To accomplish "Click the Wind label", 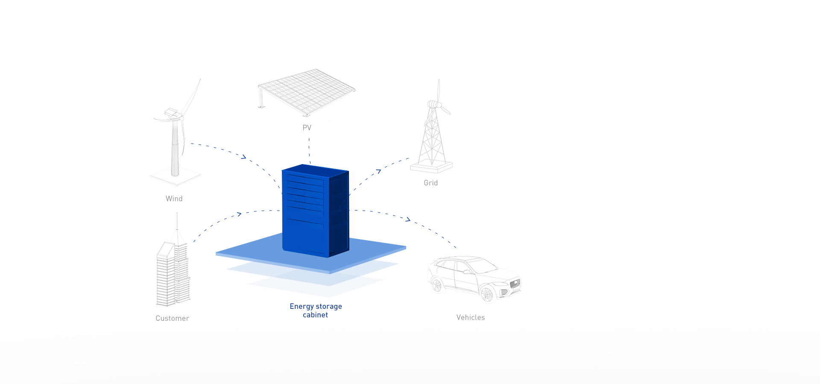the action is point(174,199).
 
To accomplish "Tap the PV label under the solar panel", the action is point(307,128).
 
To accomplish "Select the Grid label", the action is point(430,183).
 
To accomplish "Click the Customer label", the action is point(172,318).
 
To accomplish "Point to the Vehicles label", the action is point(471,317).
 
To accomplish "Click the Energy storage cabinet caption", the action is point(316,311).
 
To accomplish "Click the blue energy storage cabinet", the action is point(315,211).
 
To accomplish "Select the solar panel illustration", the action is point(307,92).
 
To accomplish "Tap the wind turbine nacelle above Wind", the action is point(172,113).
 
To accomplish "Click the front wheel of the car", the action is point(486,294).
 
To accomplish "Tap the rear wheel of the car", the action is point(437,285).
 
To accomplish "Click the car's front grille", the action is point(515,283).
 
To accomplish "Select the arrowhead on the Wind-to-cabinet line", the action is point(244,157).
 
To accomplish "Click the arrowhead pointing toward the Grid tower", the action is point(378,171).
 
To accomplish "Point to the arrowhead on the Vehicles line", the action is point(408,219).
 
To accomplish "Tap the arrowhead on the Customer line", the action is point(239,214).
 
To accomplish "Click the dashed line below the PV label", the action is point(310,150).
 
